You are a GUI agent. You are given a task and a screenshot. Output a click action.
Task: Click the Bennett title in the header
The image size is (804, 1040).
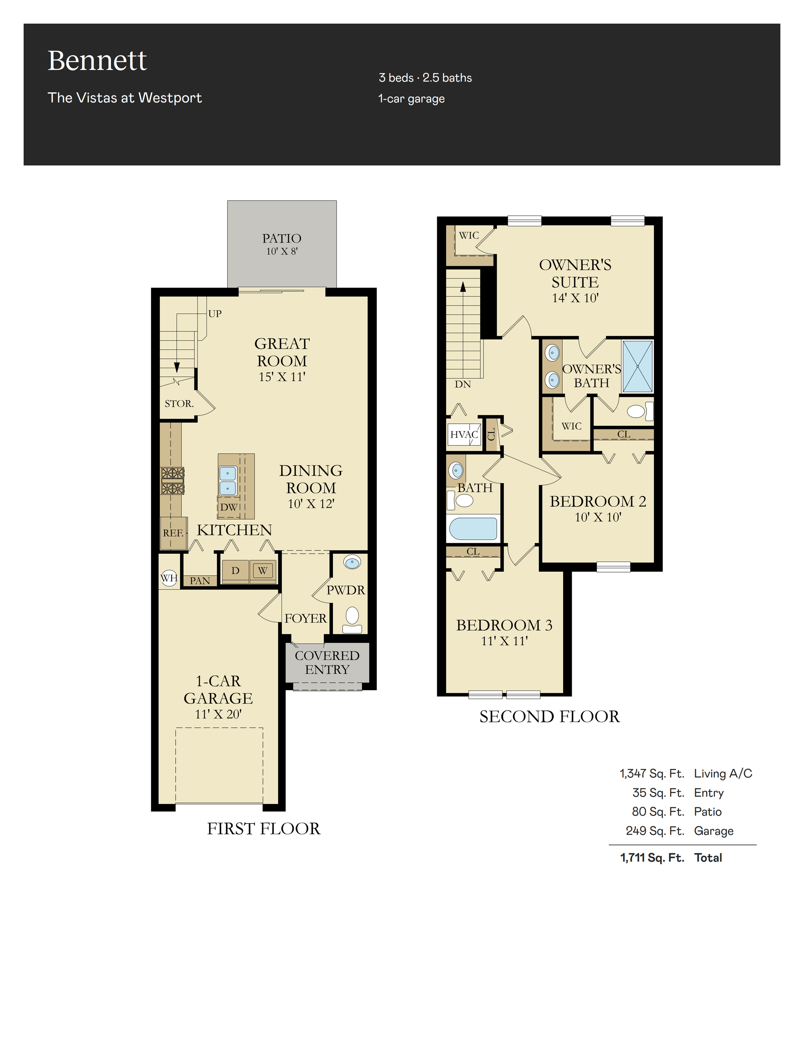tap(97, 61)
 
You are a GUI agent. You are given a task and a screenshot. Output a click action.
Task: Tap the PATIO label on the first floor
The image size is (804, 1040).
tap(282, 238)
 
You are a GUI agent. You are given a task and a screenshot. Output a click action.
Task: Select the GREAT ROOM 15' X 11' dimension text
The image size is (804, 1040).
tap(282, 377)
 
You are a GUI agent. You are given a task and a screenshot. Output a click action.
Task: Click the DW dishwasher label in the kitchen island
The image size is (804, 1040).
tap(229, 507)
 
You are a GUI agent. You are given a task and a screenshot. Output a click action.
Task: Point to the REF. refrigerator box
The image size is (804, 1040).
tap(173, 533)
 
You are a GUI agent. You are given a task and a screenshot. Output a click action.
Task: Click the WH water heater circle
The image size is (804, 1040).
tap(169, 578)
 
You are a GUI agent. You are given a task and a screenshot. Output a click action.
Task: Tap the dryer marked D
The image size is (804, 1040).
tap(235, 570)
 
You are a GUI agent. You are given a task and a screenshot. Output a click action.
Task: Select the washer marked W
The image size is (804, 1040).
tap(262, 570)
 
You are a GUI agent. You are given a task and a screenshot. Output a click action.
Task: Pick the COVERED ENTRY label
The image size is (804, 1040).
tap(327, 662)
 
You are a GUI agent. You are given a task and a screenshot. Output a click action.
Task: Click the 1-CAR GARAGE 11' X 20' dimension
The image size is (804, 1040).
tap(218, 714)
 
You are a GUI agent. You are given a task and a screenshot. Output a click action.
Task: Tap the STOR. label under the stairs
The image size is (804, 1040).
tap(179, 403)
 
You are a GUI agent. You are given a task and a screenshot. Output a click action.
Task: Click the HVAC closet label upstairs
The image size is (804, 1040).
tap(463, 434)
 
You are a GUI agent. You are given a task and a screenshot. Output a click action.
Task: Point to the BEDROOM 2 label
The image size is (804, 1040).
tap(598, 501)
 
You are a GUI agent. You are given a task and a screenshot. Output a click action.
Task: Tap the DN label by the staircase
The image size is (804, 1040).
tap(463, 384)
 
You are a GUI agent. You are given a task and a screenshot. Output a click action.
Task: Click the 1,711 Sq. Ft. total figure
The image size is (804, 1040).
tap(652, 858)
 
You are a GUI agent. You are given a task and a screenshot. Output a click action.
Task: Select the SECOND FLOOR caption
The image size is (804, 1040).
tap(550, 717)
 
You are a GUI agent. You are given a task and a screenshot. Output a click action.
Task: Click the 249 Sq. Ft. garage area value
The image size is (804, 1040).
tap(655, 831)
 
